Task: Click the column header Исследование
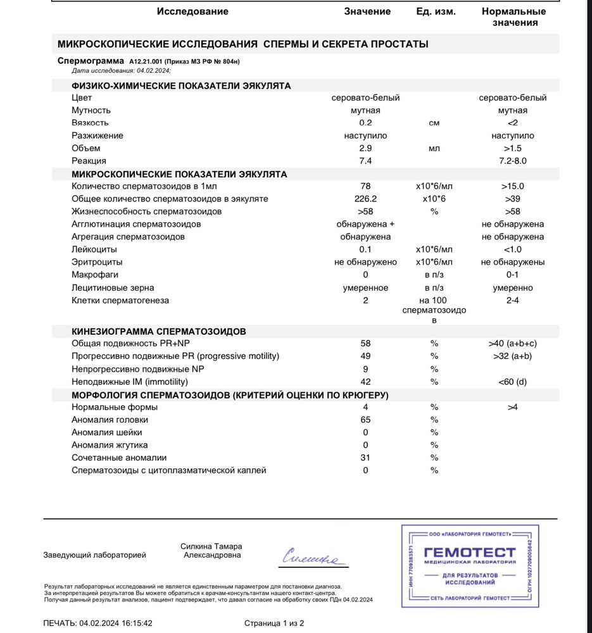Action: click(192, 11)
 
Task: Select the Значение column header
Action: click(367, 11)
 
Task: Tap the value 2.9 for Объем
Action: click(365, 148)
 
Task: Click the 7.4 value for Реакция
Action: click(365, 161)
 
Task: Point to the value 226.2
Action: click(365, 199)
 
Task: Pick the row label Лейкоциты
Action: click(94, 249)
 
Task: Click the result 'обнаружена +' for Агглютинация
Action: click(365, 224)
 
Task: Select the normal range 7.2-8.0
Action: click(512, 161)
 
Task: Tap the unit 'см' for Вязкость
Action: click(434, 123)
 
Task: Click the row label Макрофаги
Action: click(95, 275)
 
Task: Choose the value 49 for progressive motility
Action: click(365, 356)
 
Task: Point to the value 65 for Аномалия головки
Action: click(365, 420)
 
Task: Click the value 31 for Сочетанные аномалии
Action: click(365, 458)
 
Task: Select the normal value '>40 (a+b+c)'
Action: click(512, 344)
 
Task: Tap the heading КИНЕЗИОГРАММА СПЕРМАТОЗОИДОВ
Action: click(159, 331)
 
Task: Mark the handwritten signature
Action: click(310, 557)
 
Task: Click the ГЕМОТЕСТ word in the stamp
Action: click(469, 553)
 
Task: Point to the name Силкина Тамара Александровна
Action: click(211, 551)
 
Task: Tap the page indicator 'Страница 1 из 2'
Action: click(274, 623)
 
